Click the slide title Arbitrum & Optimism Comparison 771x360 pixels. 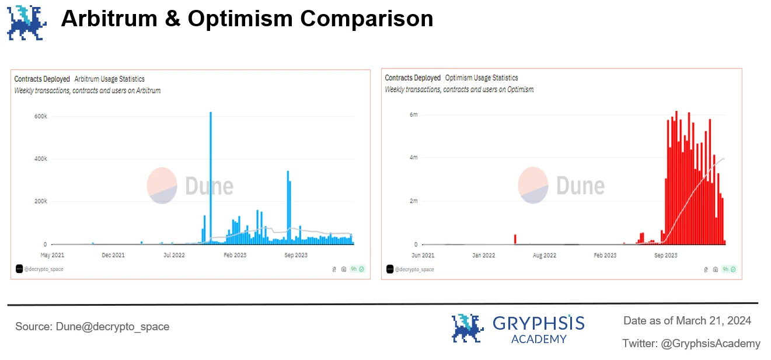click(x=247, y=19)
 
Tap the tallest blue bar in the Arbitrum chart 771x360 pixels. click(x=210, y=175)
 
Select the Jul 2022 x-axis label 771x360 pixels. click(x=173, y=255)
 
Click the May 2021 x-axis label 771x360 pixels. click(x=52, y=255)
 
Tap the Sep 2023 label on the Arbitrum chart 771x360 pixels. click(x=296, y=255)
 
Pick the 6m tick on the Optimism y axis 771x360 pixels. click(x=413, y=114)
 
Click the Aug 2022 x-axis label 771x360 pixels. click(x=544, y=255)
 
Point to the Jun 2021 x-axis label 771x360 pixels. click(x=423, y=255)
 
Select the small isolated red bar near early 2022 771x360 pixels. click(x=515, y=239)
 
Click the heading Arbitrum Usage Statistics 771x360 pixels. click(x=109, y=79)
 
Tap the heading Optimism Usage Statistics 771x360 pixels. click(x=481, y=78)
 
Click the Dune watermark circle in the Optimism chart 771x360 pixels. click(x=532, y=186)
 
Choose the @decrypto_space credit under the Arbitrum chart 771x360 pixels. click(x=44, y=269)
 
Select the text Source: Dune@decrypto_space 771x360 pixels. click(x=92, y=327)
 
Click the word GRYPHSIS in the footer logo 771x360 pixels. click(x=538, y=323)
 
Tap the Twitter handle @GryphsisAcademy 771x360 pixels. click(x=710, y=343)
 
